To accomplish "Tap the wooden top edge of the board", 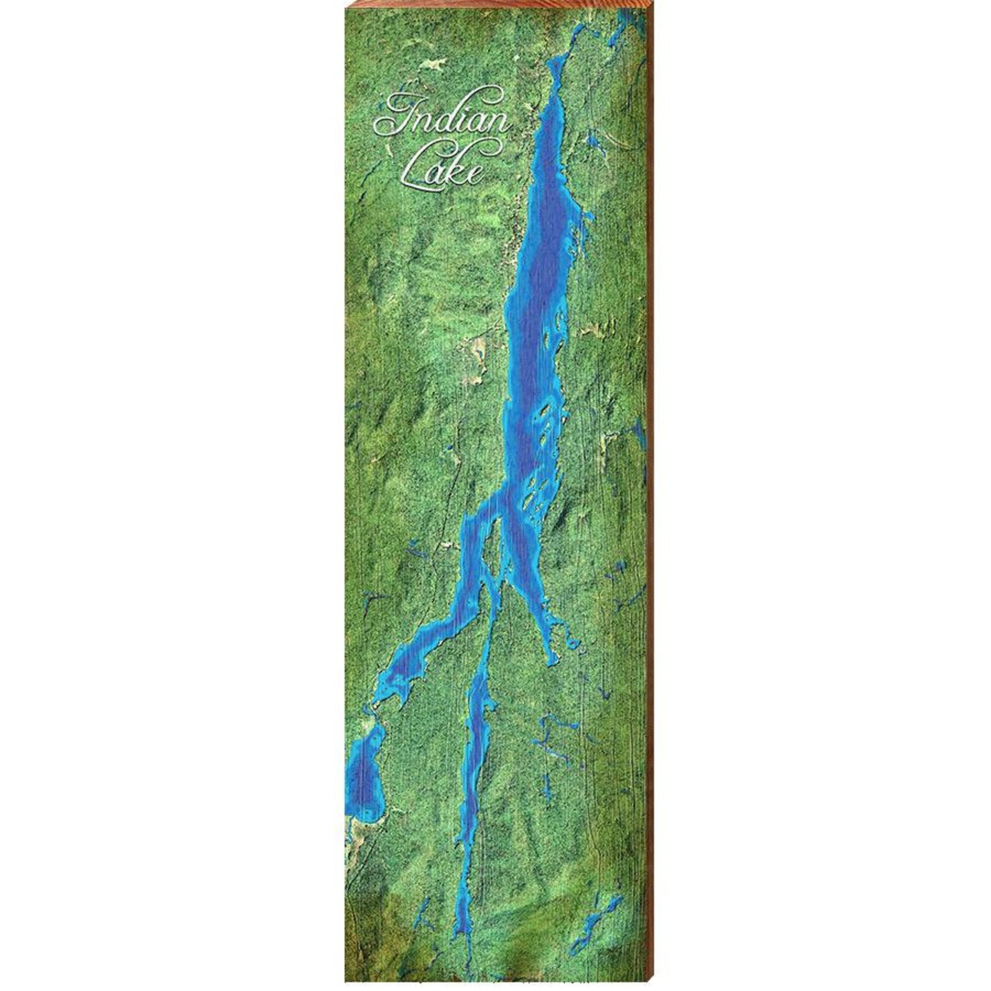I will pos(499,6).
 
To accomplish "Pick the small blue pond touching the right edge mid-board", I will pos(638,431).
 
